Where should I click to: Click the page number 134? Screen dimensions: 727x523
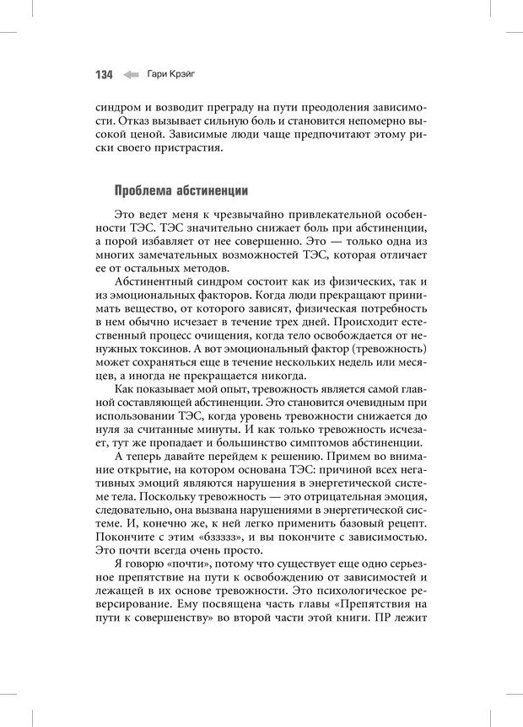[103, 75]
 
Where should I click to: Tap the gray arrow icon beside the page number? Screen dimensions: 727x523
[131, 75]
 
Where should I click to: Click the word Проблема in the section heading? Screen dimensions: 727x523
[144, 191]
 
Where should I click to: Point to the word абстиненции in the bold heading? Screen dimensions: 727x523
[213, 191]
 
